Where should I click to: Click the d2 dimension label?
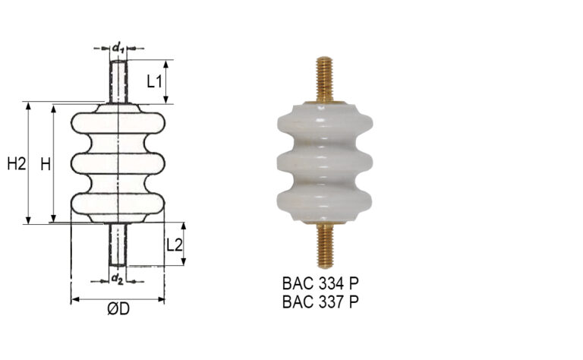(x=117, y=279)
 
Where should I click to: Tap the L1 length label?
(x=155, y=81)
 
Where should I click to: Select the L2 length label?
(x=174, y=245)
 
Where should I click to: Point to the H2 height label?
(x=15, y=163)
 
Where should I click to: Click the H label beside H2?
(x=45, y=163)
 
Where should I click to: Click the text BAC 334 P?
(x=320, y=284)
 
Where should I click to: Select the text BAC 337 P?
(x=320, y=302)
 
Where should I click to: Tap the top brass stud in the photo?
(x=324, y=79)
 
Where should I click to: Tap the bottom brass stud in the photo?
(x=324, y=242)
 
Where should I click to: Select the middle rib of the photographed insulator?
(x=324, y=162)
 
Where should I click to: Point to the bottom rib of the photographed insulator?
(x=324, y=201)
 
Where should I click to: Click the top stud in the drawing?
(x=118, y=81)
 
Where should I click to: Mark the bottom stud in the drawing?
(x=118, y=244)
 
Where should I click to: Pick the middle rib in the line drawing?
(x=118, y=163)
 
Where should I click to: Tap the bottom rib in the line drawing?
(x=118, y=204)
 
